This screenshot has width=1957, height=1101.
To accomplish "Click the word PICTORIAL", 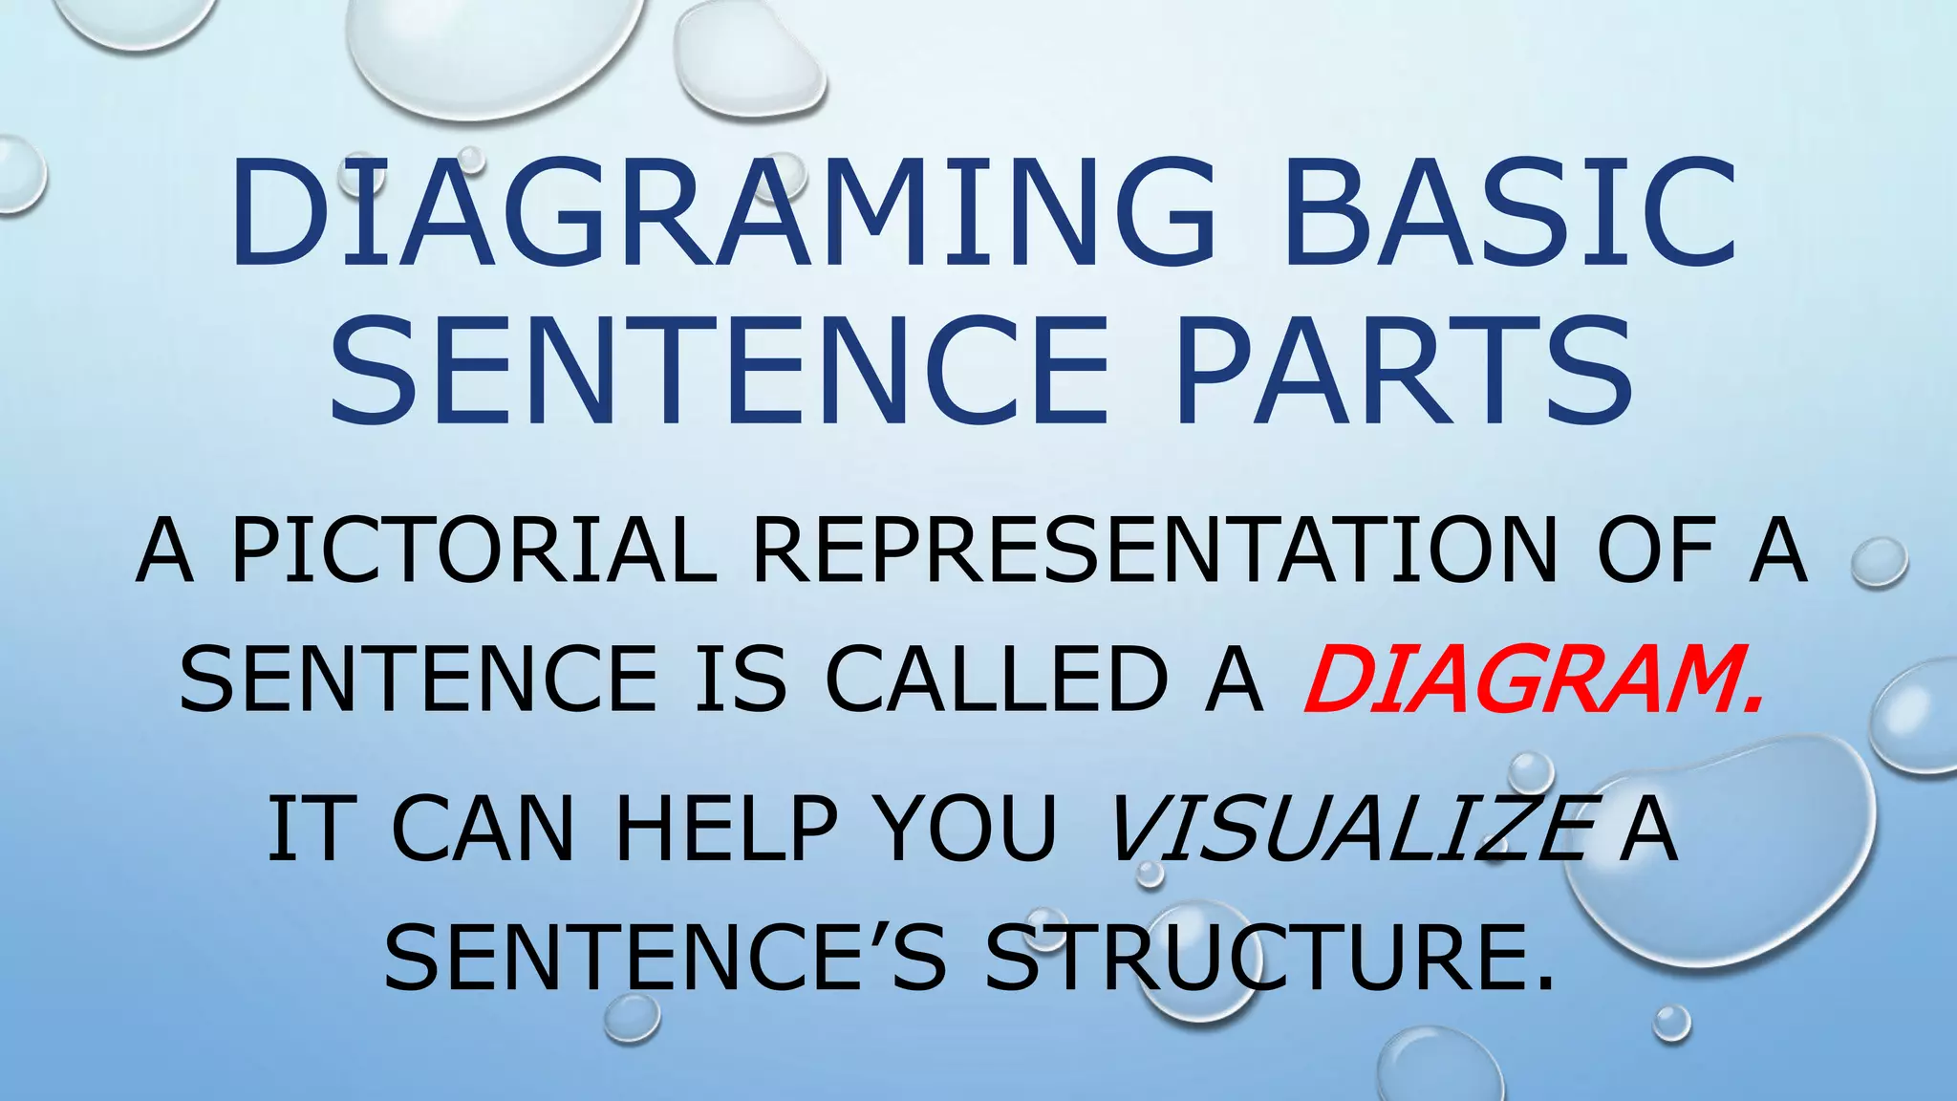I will pos(474,550).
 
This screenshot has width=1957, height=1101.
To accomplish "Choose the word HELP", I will pos(726,829).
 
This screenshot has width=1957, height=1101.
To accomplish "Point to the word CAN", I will pos(483,829).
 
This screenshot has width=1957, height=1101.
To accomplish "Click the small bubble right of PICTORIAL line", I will pos(1879,562).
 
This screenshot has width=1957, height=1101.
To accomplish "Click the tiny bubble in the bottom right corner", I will pos(1672,1023).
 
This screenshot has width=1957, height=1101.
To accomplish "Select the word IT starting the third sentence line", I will pos(304,829).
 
